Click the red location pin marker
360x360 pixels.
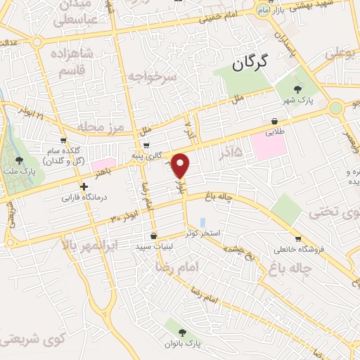tap(181, 166)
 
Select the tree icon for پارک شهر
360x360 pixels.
tap(298, 89)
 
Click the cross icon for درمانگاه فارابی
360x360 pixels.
tap(84, 187)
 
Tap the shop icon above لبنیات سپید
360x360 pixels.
tap(154, 236)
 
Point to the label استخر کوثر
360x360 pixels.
tap(210, 232)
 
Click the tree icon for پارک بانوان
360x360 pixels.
tap(183, 332)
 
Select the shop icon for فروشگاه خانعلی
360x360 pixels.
tap(298, 238)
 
